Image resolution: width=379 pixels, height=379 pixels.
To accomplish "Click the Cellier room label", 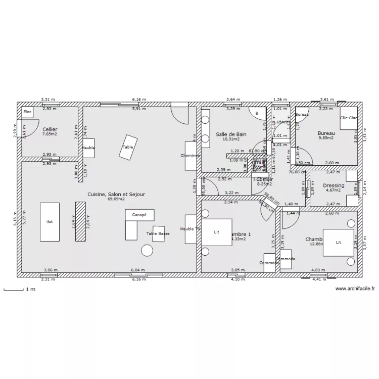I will coord(50,129).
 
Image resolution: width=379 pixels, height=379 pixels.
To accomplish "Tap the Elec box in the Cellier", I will coord(27,112).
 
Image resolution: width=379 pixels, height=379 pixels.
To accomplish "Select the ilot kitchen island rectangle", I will coord(50,221).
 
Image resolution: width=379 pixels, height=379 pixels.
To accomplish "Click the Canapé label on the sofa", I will coord(139,215).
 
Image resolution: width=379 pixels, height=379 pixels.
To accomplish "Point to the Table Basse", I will coord(159,233).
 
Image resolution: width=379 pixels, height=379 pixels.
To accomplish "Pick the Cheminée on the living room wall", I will coord(191,156).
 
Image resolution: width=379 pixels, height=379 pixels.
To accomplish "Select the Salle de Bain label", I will coord(231,134).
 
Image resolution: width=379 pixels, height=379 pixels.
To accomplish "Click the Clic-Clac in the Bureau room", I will coord(348,118).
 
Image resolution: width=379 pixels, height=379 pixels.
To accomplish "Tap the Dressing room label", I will coord(334,185).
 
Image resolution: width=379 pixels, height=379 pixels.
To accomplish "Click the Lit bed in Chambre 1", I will coord(217,232).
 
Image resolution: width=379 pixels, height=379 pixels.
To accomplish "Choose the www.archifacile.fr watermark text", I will coord(355,289).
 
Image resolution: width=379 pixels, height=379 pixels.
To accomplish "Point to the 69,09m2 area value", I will coord(116,199).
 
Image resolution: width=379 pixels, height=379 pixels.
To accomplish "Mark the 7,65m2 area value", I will coord(50,135).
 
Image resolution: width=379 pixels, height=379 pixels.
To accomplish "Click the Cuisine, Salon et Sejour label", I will coord(116,194).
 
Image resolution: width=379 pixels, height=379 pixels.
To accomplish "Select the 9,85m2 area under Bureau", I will coord(326,138).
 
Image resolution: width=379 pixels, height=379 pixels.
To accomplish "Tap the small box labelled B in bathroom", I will coord(257,114).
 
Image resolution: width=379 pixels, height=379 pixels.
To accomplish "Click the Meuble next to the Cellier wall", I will coord(88,148).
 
